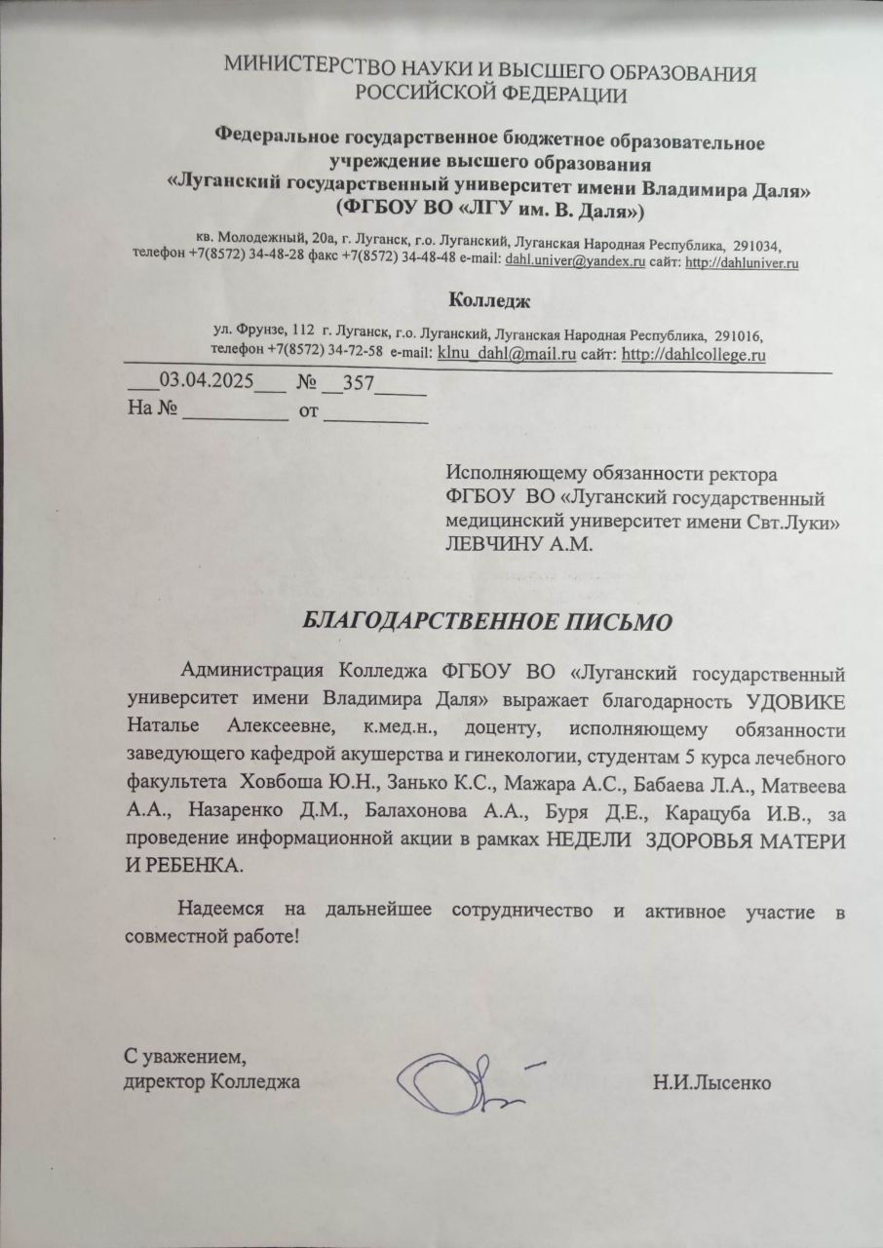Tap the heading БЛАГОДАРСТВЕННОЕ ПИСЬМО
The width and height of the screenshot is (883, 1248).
tap(485, 621)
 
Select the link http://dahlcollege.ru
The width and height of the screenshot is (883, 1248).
tap(693, 355)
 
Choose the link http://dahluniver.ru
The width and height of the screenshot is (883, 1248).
tap(743, 262)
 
